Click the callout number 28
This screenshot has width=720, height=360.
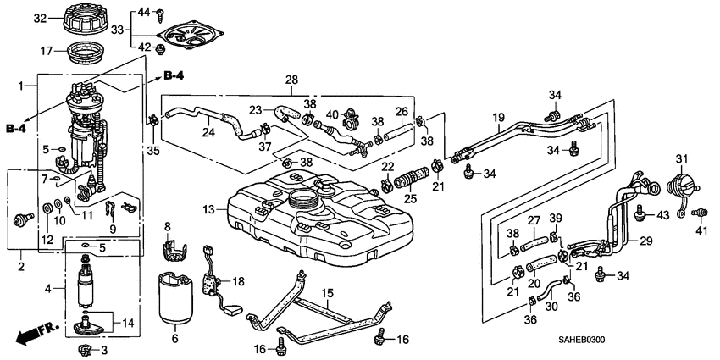(291, 80)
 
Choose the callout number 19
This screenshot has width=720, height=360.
(498, 117)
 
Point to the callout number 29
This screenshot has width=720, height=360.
(645, 241)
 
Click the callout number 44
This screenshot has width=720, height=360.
(143, 12)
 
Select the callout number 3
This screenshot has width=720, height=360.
(105, 350)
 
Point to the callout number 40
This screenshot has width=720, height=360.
(332, 114)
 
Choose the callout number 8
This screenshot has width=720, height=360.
(167, 226)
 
